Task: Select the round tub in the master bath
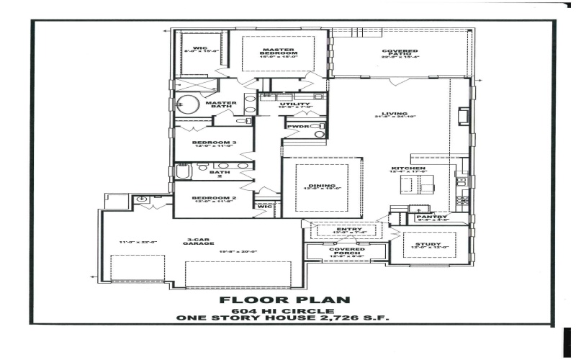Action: [x=189, y=104]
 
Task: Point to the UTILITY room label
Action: [x=295, y=104]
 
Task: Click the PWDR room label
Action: [x=297, y=127]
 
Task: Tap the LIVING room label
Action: [x=395, y=113]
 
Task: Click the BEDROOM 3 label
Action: [x=214, y=143]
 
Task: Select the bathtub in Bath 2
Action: [x=183, y=171]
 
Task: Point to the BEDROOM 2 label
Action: [x=214, y=197]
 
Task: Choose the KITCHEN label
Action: [x=408, y=168]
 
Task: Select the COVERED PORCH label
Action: [x=343, y=251]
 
